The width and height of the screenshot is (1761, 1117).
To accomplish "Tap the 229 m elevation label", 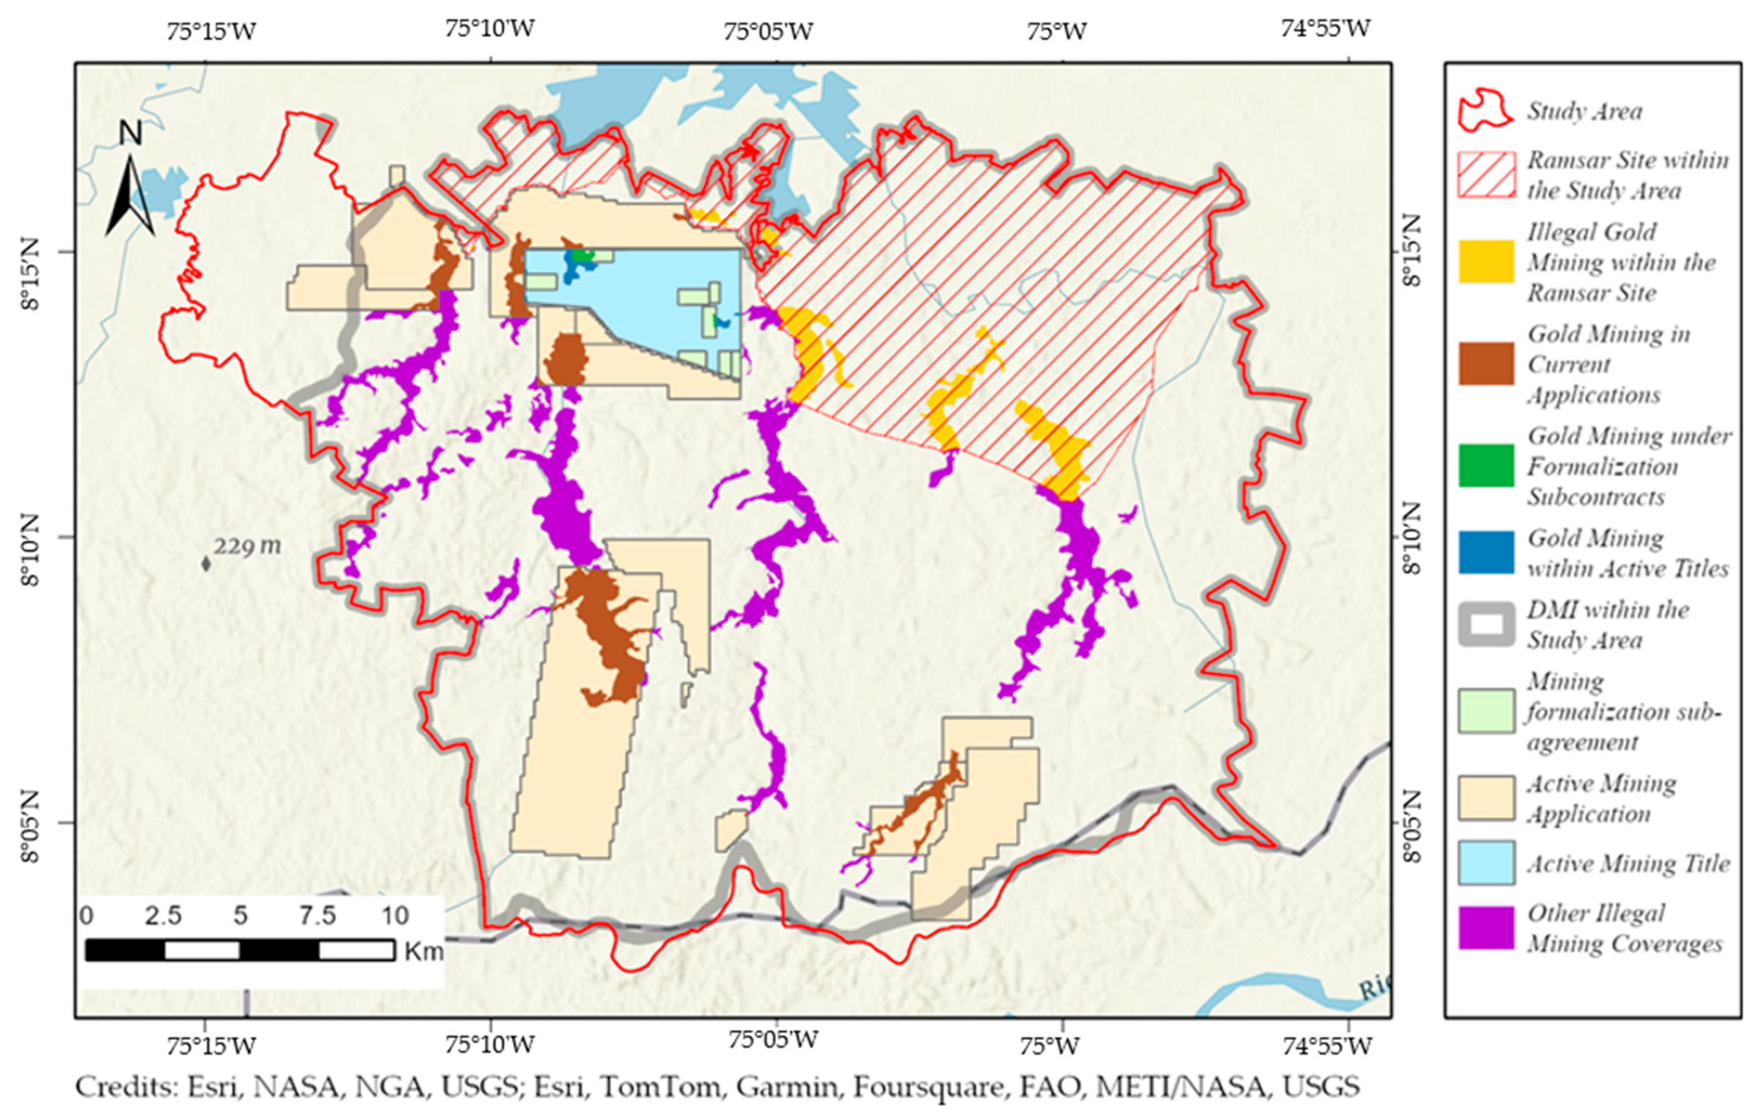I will [247, 545].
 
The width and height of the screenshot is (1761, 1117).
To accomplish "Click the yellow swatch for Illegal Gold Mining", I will [1486, 261].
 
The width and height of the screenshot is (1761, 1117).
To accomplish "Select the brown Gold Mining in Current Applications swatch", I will [1486, 363].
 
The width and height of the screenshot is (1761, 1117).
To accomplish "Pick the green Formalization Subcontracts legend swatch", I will [1486, 465].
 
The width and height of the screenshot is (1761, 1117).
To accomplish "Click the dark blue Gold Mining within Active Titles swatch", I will [1486, 552].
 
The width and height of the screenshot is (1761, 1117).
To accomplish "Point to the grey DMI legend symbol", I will [1486, 624].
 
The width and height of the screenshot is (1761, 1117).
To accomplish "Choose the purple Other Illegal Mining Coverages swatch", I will [1486, 927].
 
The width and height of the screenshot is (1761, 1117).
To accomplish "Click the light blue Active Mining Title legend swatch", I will [1486, 863].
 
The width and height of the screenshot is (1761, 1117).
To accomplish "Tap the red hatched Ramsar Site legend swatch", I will [1486, 175].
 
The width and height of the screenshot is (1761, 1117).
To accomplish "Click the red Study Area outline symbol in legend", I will [1485, 111].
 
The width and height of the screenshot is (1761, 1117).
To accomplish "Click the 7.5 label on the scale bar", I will [318, 915].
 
